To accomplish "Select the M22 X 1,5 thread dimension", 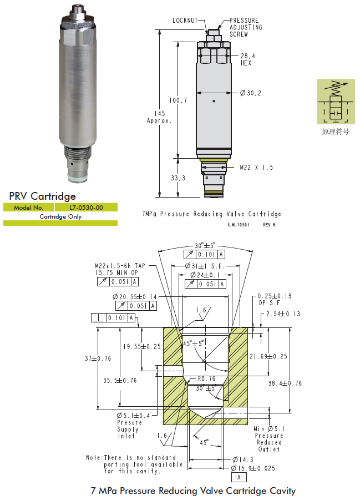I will point(257,167).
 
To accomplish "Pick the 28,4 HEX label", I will point(248,59).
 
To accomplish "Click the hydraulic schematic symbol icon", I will point(335,102).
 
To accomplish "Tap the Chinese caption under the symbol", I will point(336,132).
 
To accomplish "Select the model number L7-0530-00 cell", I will point(86,208).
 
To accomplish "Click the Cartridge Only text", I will point(60,216).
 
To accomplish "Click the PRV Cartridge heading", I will point(43,196).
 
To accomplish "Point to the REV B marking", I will point(268,224).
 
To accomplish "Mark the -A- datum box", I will point(239,477).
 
